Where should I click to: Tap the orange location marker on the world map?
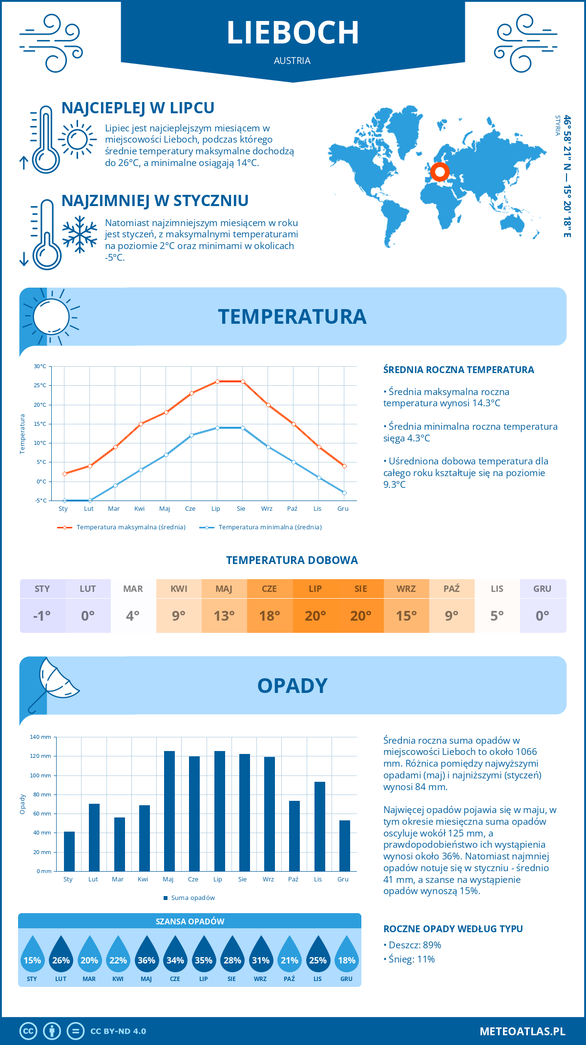click(x=440, y=171)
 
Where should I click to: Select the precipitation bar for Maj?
click(x=169, y=811)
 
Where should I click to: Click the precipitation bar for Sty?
click(x=69, y=851)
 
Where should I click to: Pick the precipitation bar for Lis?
click(x=320, y=826)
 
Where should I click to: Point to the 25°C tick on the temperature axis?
click(x=41, y=385)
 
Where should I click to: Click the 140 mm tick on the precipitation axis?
click(x=41, y=737)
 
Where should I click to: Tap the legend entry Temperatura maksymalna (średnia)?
click(x=122, y=527)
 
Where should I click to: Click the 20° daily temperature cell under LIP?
click(x=315, y=615)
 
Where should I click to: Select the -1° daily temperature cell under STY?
click(x=42, y=615)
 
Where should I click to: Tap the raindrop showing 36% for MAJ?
click(x=146, y=955)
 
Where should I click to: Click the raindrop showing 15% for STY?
click(x=32, y=955)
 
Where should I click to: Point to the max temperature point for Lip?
click(x=217, y=381)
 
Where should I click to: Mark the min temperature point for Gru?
click(x=344, y=493)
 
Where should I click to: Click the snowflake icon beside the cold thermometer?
click(x=80, y=234)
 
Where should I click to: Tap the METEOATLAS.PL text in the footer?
click(x=522, y=1031)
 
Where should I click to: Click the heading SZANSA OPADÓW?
click(x=190, y=921)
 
